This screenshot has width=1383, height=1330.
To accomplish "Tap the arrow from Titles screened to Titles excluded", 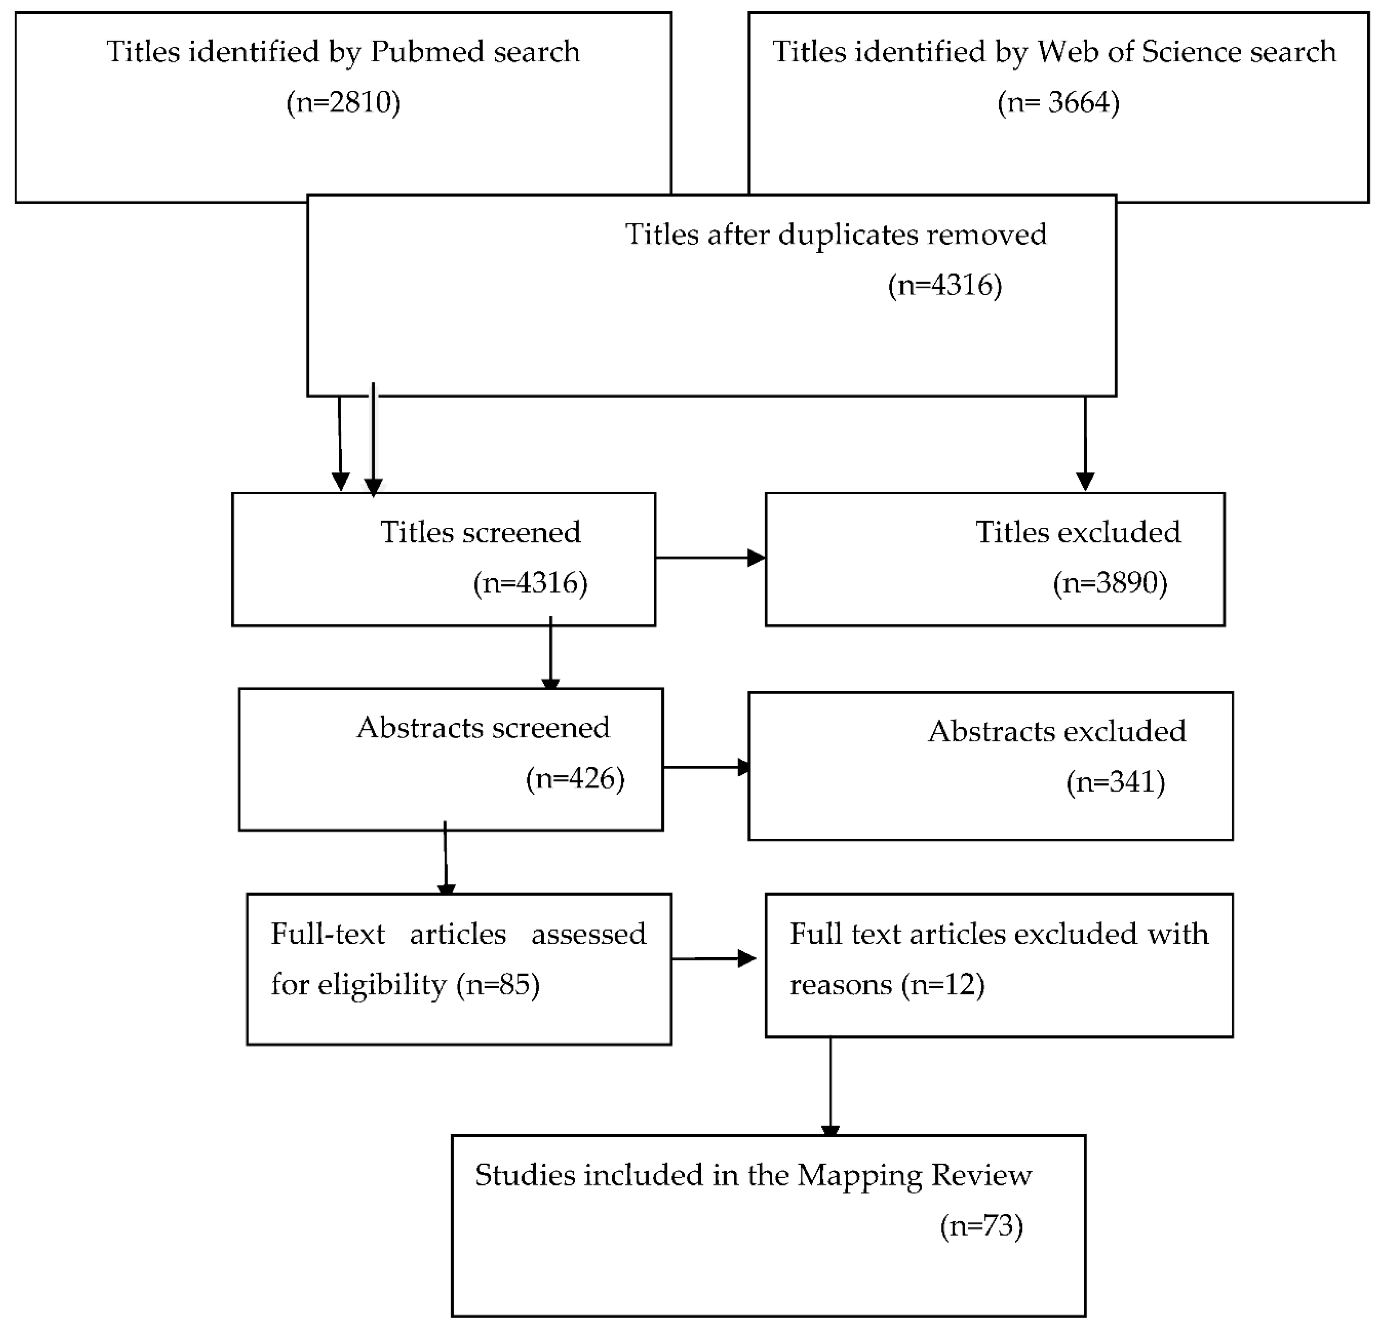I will click(709, 558).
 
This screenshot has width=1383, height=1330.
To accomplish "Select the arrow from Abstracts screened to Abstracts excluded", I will click(705, 767).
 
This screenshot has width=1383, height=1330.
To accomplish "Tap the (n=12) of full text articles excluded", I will click(943, 985).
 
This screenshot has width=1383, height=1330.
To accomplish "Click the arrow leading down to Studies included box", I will click(830, 1086).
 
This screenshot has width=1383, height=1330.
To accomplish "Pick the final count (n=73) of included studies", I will click(981, 1226).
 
